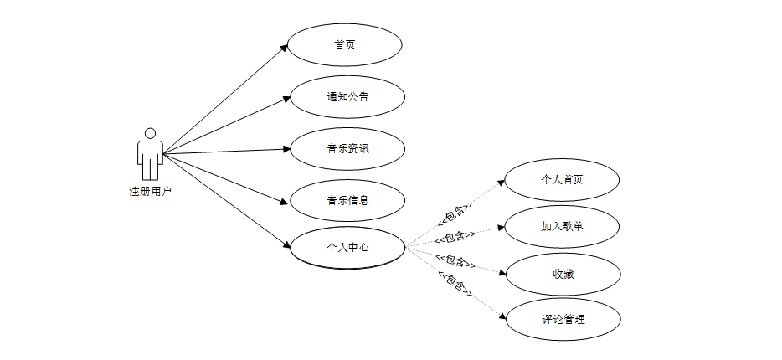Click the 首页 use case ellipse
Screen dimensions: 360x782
[x=344, y=45]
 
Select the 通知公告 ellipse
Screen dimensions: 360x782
[x=347, y=96]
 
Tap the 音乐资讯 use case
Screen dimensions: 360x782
[x=347, y=149]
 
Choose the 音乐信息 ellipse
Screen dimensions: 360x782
[x=347, y=200]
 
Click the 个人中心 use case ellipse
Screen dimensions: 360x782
[x=347, y=248]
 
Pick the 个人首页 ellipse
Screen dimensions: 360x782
[x=562, y=180]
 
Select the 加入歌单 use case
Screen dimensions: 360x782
[x=562, y=227]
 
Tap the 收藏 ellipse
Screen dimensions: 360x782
[x=562, y=273]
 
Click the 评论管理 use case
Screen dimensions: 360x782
[x=562, y=319]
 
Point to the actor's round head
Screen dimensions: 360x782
[x=150, y=133]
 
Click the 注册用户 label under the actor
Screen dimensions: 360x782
[x=150, y=192]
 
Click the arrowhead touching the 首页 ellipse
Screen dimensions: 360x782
[x=286, y=48]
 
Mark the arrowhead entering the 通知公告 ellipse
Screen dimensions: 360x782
[x=286, y=99]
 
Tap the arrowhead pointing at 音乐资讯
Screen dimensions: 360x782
[x=286, y=149]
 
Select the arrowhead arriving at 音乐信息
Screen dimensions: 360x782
[x=286, y=200]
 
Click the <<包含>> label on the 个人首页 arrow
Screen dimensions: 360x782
[x=453, y=216]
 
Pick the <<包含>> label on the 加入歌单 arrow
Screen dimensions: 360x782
[x=455, y=238]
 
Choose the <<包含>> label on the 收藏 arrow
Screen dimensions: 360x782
[x=455, y=261]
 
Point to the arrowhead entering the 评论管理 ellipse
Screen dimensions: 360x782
[x=504, y=316]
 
